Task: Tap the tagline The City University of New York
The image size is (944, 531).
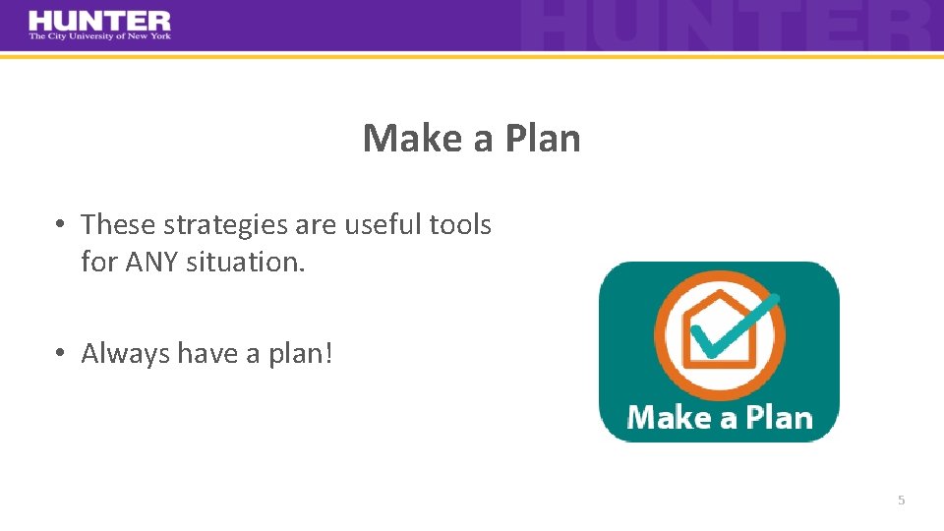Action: tap(99, 36)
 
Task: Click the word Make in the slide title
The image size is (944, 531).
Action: tap(413, 138)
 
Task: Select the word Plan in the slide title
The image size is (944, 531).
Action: tap(543, 138)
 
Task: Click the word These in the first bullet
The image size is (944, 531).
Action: tap(118, 225)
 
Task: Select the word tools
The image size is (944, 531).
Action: tap(460, 225)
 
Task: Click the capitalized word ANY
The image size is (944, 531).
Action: tap(151, 264)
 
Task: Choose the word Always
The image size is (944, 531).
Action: tap(125, 354)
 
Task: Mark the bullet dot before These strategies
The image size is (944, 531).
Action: tap(60, 225)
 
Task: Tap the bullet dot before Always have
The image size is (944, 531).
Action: tap(60, 353)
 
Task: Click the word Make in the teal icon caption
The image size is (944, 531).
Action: tap(669, 417)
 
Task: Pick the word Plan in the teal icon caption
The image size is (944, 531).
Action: tap(779, 417)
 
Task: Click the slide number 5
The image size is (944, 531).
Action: tap(901, 501)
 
